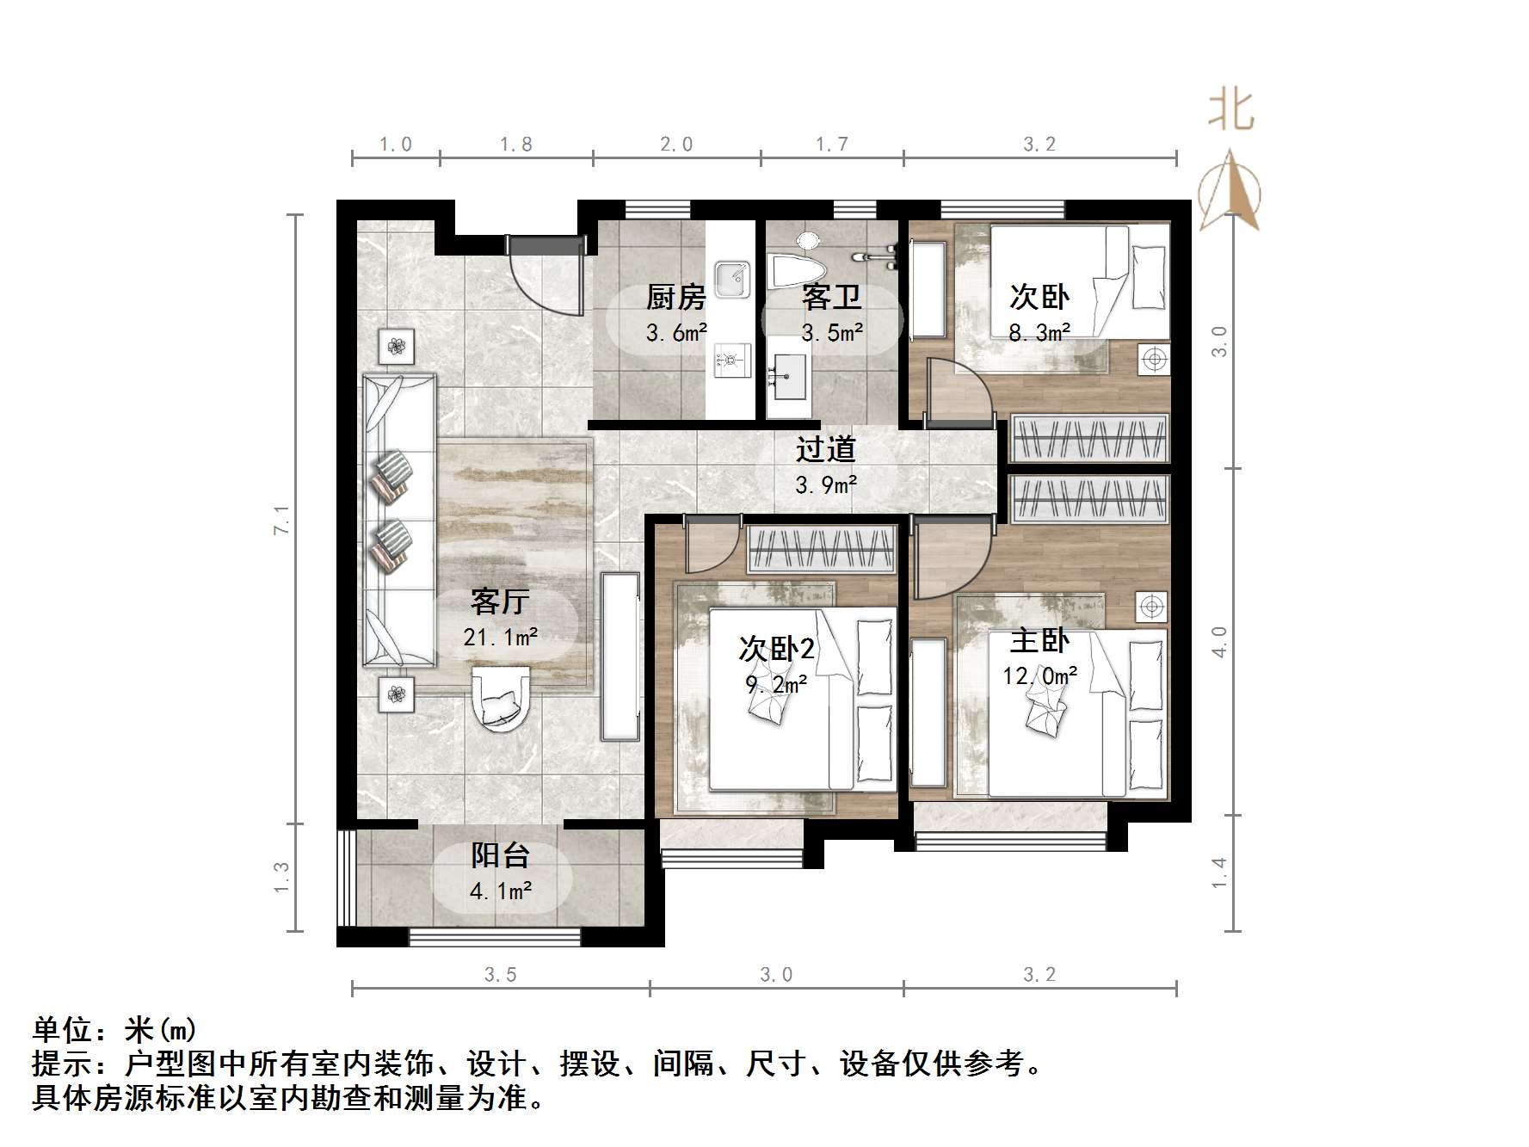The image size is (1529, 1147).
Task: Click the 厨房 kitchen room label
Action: (x=676, y=298)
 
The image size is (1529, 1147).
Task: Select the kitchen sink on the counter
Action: (x=732, y=280)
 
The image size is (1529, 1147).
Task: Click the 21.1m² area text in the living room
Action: (x=500, y=638)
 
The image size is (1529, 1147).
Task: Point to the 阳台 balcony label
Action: (x=500, y=855)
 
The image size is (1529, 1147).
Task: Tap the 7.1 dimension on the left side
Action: (x=281, y=520)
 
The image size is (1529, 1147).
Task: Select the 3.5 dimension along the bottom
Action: (x=500, y=975)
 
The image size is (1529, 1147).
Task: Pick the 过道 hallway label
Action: (x=825, y=449)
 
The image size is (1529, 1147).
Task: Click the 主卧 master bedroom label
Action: (x=1039, y=640)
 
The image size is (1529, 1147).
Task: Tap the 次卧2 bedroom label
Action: (x=776, y=648)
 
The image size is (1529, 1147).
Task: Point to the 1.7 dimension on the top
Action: (x=831, y=145)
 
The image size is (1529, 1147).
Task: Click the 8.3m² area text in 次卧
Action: (x=1039, y=332)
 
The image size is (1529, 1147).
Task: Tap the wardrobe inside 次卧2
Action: (x=821, y=549)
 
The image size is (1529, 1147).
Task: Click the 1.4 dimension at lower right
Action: (x=1218, y=873)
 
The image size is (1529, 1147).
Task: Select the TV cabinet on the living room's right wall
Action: (x=620, y=656)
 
